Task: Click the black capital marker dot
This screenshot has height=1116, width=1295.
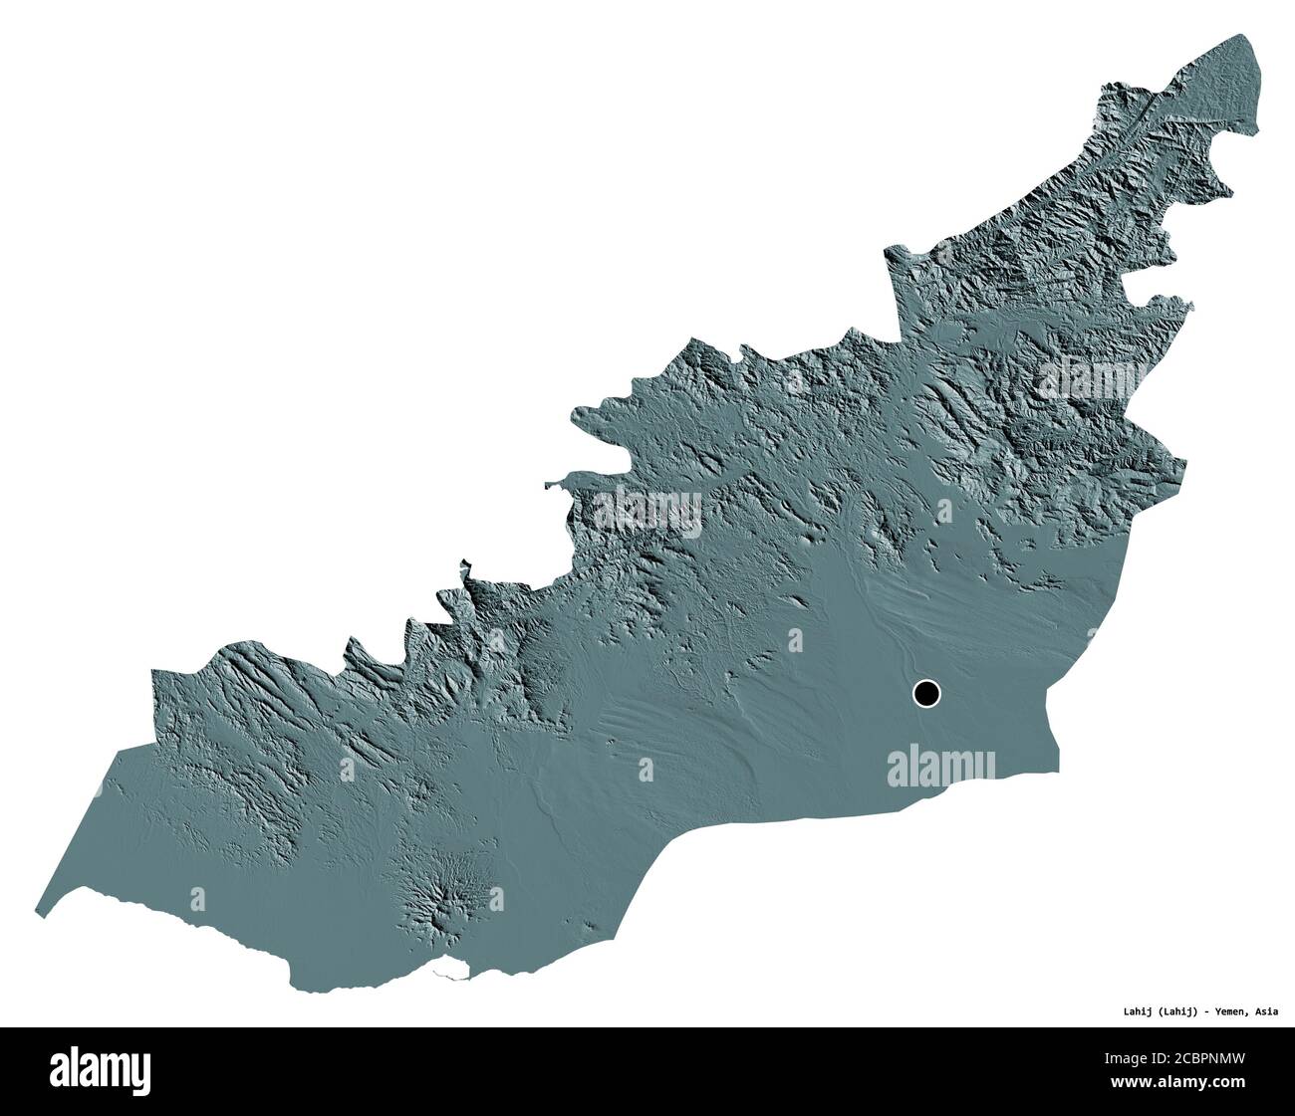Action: point(926,693)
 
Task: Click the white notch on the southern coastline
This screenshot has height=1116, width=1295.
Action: point(453,967)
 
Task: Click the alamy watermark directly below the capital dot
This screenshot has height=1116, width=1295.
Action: point(940,766)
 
